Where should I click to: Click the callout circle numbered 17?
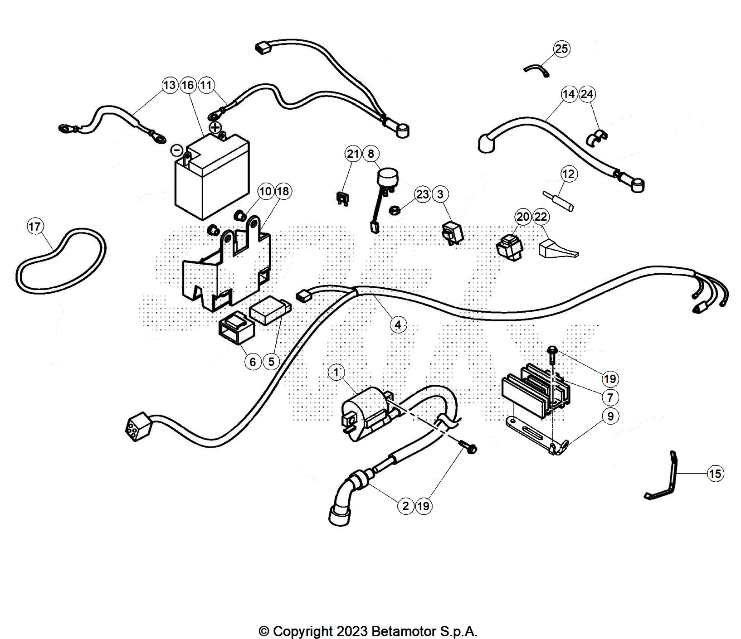35,226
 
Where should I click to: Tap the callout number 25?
561,48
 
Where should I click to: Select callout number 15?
715,474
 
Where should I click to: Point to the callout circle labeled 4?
398,324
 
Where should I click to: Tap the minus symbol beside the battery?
177,150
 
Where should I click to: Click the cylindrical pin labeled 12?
559,201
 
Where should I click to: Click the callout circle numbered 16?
188,85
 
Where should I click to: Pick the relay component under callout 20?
509,247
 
